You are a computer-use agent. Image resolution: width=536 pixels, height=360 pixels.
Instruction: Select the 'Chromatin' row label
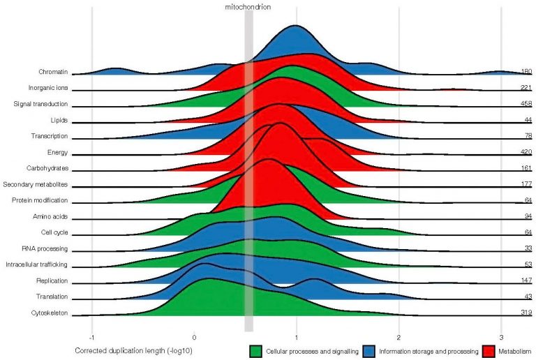(x=53, y=72)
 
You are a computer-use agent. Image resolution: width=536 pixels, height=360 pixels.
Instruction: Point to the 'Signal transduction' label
(x=40, y=104)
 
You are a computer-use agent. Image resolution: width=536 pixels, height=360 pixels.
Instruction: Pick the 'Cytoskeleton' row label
(x=49, y=313)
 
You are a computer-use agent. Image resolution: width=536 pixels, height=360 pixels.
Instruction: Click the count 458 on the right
(x=526, y=104)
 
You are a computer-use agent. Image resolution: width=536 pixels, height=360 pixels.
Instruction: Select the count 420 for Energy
(x=526, y=153)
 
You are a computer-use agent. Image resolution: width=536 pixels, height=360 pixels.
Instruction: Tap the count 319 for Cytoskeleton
(x=526, y=313)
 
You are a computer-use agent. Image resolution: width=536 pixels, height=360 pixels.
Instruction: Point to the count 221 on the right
(x=526, y=88)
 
